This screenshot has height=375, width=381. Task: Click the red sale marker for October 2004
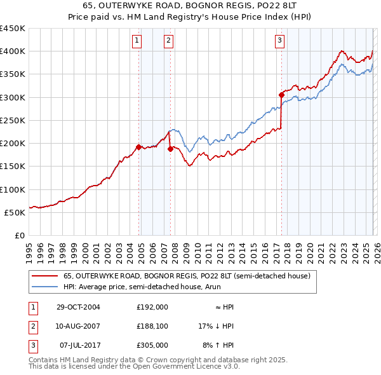pyautogui.click(x=138, y=147)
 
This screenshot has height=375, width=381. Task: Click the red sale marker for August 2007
pyautogui.click(x=170, y=149)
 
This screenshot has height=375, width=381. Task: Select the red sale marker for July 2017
pyautogui.click(x=281, y=95)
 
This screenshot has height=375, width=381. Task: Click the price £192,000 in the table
pyautogui.click(x=152, y=307)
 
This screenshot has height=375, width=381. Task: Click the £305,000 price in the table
pyautogui.click(x=152, y=345)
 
